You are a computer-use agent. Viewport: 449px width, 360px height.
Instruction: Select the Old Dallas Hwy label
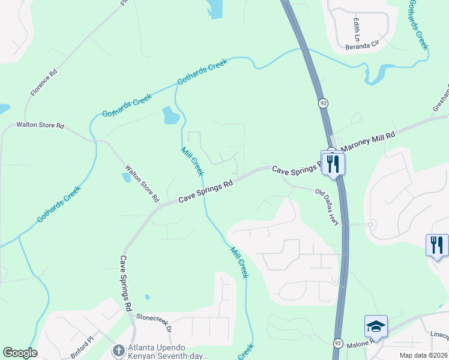coord(328,207)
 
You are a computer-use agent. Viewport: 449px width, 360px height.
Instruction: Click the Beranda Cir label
coord(363,44)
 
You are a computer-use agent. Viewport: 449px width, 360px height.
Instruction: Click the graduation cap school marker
coord(376,327)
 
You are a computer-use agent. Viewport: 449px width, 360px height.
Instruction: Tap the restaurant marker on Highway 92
coord(333,163)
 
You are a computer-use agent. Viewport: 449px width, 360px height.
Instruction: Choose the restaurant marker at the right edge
coord(436,245)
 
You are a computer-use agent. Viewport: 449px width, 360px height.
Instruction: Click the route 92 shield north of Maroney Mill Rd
coord(324,103)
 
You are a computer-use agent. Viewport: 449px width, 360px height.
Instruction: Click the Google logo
coord(20,353)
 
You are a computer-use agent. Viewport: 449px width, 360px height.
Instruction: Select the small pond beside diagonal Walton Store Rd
coord(125,177)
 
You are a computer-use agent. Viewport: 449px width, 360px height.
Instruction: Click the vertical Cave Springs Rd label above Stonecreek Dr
coord(125,283)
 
